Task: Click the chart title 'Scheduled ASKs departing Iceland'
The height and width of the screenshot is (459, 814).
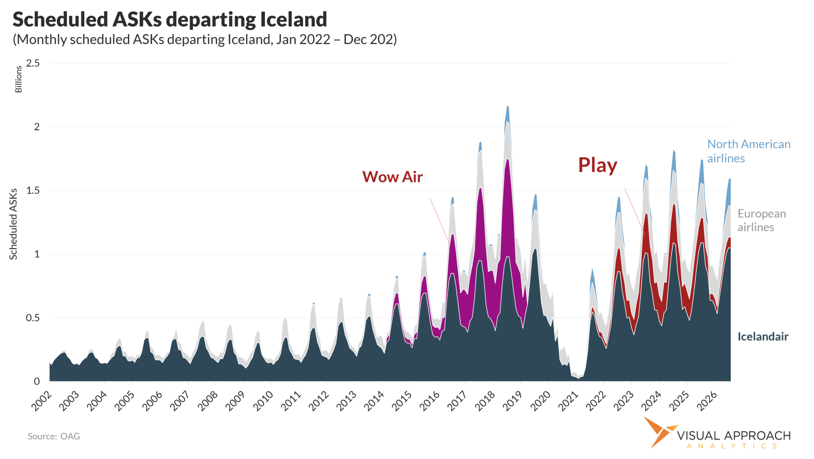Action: pos(170,19)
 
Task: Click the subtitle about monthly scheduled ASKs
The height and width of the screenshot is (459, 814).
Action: pos(205,39)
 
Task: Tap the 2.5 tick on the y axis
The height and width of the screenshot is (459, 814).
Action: pos(33,64)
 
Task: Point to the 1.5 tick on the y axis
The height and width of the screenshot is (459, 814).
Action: pos(33,191)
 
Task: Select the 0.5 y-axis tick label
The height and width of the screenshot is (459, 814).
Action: pos(33,318)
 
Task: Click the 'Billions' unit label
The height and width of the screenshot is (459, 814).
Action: pos(18,79)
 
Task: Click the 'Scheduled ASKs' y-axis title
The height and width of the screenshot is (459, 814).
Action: pos(14,224)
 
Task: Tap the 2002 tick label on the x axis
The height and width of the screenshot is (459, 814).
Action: pos(42,401)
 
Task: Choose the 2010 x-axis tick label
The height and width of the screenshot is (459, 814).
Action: pos(263,401)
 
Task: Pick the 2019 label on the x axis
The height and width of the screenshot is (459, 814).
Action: pos(512,401)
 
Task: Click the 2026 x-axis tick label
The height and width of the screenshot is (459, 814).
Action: pos(706,401)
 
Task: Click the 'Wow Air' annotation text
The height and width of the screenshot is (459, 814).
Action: pos(392,177)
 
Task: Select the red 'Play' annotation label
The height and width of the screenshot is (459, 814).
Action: pos(597,165)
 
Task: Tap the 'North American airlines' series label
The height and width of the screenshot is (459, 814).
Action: pos(748,151)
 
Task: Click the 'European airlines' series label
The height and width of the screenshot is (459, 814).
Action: pos(761,220)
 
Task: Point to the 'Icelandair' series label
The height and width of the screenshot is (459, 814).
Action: pos(763,337)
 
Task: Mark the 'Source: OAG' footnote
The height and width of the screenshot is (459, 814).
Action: pos(54,436)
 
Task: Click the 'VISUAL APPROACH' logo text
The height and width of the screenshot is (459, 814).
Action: pos(733,436)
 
